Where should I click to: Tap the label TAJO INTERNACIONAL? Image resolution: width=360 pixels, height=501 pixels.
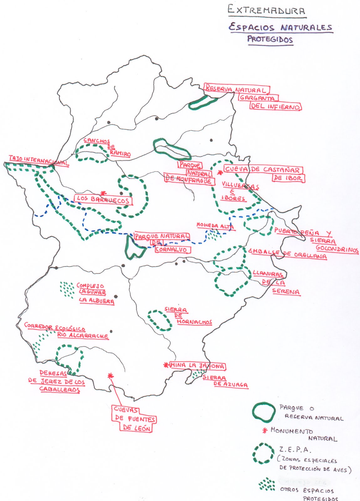39,160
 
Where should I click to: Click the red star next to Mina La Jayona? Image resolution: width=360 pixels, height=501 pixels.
166,365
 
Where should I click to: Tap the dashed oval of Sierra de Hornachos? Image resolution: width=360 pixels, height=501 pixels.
160,320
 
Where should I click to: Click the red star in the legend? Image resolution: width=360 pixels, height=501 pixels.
265,431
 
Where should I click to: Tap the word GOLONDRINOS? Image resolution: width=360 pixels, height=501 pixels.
337,249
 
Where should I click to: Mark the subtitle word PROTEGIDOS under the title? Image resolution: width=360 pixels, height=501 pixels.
270,39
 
